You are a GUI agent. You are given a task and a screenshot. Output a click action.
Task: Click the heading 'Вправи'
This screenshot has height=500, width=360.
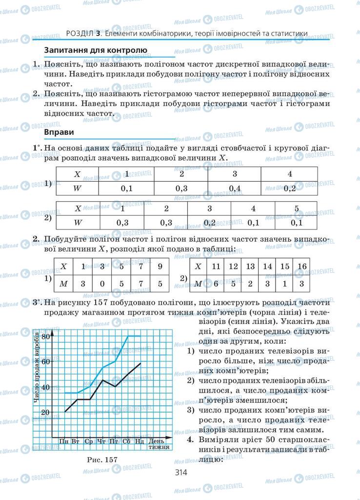coord(59,132)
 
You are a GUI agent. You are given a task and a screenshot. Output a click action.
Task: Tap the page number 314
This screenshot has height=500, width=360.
coord(180,472)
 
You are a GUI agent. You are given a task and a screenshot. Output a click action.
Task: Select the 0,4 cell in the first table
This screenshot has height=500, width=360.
coord(235,188)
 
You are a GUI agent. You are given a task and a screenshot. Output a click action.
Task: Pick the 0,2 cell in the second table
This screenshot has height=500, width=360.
coord(210,223)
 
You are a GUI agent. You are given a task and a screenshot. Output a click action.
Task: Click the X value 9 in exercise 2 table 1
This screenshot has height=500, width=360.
coord(160,267)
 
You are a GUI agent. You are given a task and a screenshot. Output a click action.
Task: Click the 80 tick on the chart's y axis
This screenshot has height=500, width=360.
coord(46,336)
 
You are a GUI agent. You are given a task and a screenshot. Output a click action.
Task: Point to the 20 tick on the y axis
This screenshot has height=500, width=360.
coord(45,412)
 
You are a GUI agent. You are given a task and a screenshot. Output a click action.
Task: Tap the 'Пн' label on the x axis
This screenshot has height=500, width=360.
coord(64,441)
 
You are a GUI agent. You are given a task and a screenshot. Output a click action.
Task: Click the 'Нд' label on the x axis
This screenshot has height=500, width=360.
coord(140,441)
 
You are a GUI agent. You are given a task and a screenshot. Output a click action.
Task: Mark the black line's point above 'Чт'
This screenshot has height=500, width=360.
coord(102,380)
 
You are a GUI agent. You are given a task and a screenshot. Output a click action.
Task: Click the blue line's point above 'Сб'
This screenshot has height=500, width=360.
coord(128,336)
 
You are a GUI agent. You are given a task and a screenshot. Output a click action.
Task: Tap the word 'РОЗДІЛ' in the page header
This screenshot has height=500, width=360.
coord(80,33)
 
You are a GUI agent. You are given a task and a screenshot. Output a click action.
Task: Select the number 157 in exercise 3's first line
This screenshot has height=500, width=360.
coord(111,302)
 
